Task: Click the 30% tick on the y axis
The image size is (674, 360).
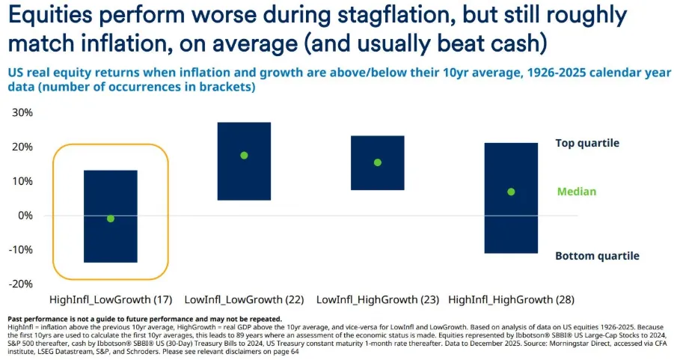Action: (x=22, y=112)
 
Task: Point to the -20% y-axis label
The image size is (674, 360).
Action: (x=21, y=284)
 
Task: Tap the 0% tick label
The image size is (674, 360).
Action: (x=25, y=216)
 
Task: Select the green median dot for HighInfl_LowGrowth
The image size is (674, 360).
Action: (x=111, y=219)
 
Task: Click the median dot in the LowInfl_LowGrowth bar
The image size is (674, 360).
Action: (x=244, y=156)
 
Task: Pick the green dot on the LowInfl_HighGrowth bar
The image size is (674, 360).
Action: (x=378, y=162)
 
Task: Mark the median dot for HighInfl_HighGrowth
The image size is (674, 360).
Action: (x=511, y=192)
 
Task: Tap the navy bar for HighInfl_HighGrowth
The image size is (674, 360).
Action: (x=511, y=225)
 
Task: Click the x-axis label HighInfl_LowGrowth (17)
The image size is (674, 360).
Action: (x=111, y=299)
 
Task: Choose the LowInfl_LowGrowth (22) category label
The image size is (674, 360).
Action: (x=244, y=299)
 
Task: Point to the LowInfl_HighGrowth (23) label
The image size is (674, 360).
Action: (x=378, y=299)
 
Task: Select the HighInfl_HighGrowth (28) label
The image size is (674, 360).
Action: (x=512, y=299)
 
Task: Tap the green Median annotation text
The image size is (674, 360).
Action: (x=577, y=192)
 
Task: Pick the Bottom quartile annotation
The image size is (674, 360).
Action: (x=597, y=256)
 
